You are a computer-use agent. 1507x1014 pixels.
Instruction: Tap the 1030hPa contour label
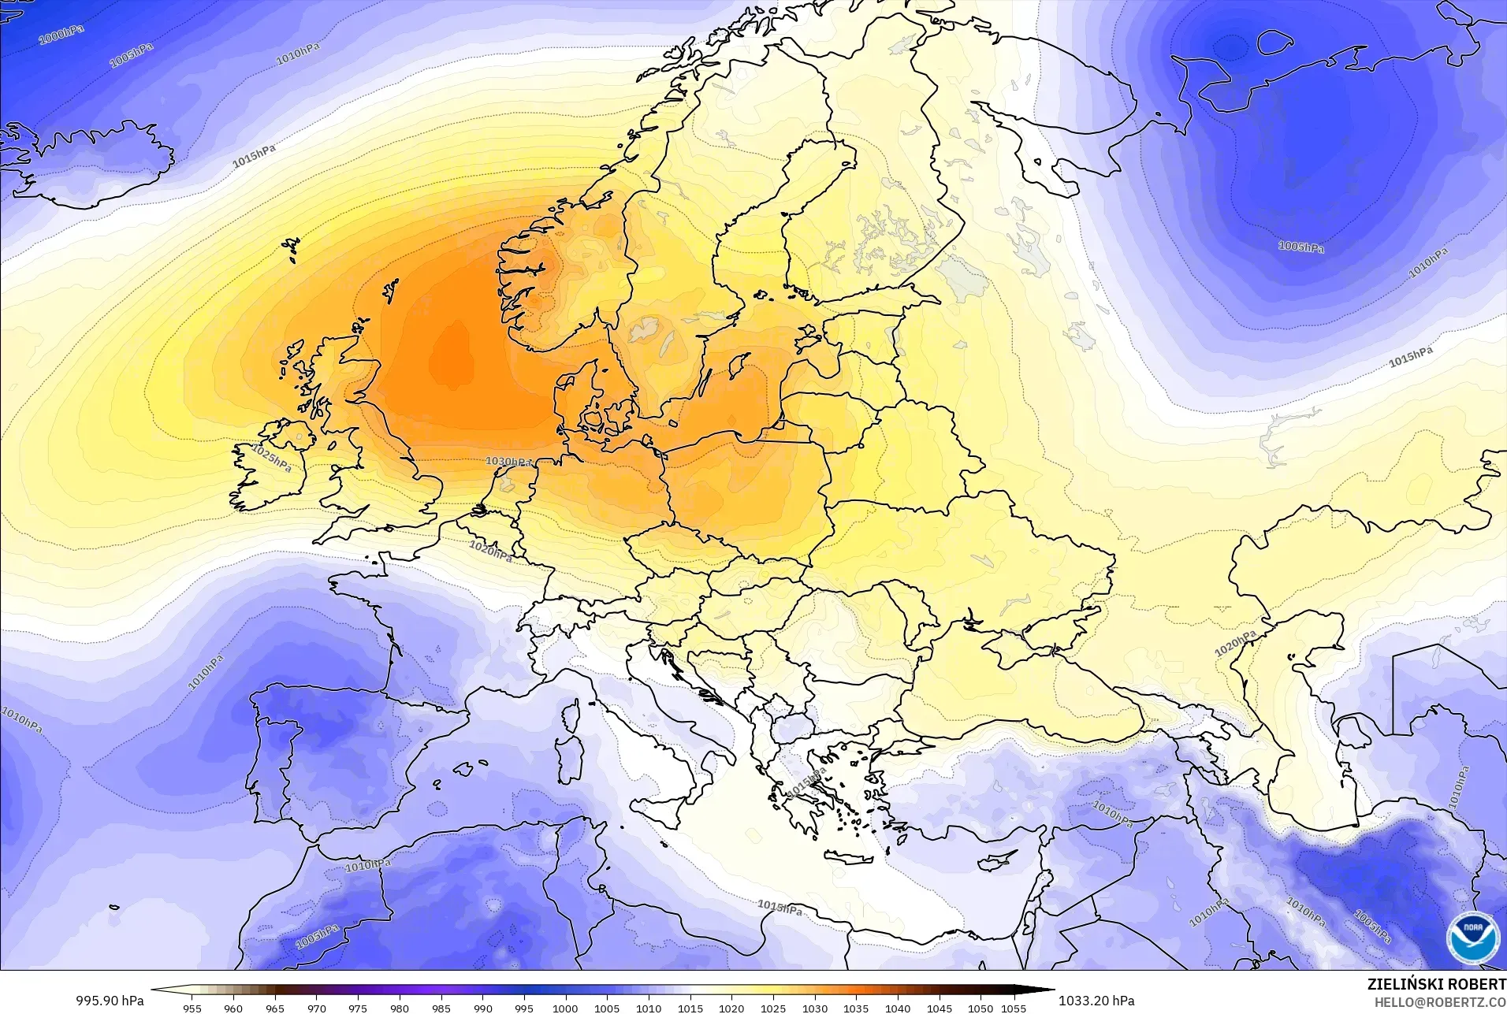(x=508, y=461)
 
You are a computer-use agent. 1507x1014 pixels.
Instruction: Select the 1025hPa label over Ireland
(x=272, y=458)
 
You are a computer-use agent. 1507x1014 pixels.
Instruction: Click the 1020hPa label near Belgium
(x=490, y=550)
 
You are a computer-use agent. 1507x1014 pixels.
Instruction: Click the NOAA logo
(x=1472, y=938)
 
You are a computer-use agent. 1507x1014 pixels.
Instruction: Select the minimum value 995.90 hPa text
(x=110, y=1000)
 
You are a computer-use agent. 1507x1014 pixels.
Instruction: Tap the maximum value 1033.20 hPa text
(x=1096, y=1000)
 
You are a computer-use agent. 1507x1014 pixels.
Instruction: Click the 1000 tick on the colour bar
(x=565, y=1008)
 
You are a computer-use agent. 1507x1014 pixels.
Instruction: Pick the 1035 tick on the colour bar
(x=856, y=1008)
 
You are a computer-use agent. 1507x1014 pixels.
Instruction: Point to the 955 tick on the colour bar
(x=192, y=1008)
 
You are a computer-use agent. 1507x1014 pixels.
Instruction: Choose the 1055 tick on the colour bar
(x=1014, y=1008)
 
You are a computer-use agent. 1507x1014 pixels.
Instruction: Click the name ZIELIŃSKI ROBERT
(x=1436, y=985)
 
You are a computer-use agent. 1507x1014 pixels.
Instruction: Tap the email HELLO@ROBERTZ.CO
(x=1440, y=1002)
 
